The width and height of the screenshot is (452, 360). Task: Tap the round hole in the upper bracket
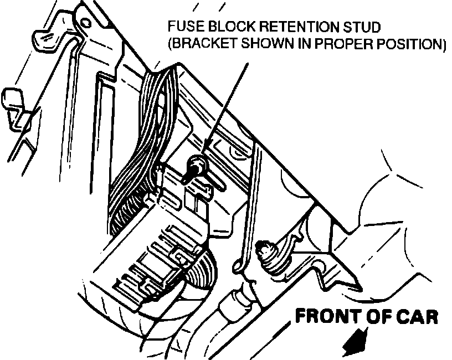[85, 23]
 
